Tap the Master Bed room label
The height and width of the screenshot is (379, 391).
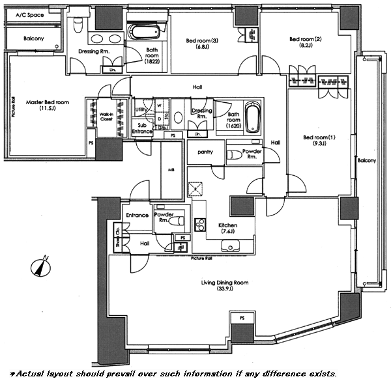point(46,106)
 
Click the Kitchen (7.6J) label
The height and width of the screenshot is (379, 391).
point(227,228)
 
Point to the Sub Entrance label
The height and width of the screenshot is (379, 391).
point(142,128)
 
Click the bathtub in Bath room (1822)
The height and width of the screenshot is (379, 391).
point(141,32)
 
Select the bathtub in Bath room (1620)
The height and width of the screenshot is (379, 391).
point(253,118)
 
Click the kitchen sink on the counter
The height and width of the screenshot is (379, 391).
point(231,246)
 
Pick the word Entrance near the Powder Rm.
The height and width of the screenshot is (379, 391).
point(137,215)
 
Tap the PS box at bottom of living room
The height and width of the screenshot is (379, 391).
point(242,318)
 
